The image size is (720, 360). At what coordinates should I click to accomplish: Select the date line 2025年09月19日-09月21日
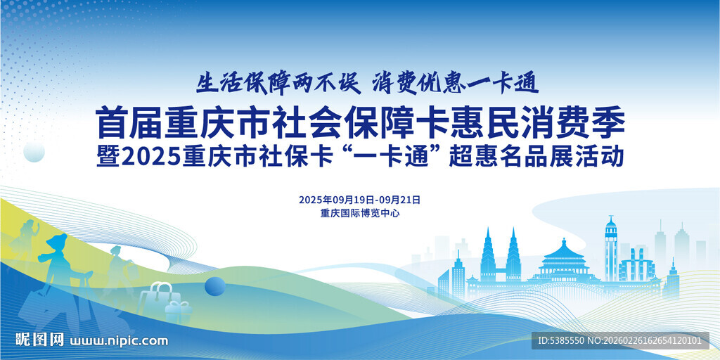coord(359,200)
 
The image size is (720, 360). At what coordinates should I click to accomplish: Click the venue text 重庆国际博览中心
coord(359,213)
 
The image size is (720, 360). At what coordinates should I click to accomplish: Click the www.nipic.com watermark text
coord(120,341)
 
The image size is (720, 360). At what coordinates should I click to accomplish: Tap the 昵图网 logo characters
coord(40,340)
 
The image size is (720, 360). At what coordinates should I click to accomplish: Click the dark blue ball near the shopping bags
coord(214,286)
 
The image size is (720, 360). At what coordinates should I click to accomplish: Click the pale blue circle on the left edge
coord(34,152)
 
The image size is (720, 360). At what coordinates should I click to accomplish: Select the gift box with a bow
coord(179,310)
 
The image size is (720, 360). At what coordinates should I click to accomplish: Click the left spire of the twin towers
coord(489,253)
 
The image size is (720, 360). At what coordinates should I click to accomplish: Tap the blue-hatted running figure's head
coord(56,243)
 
